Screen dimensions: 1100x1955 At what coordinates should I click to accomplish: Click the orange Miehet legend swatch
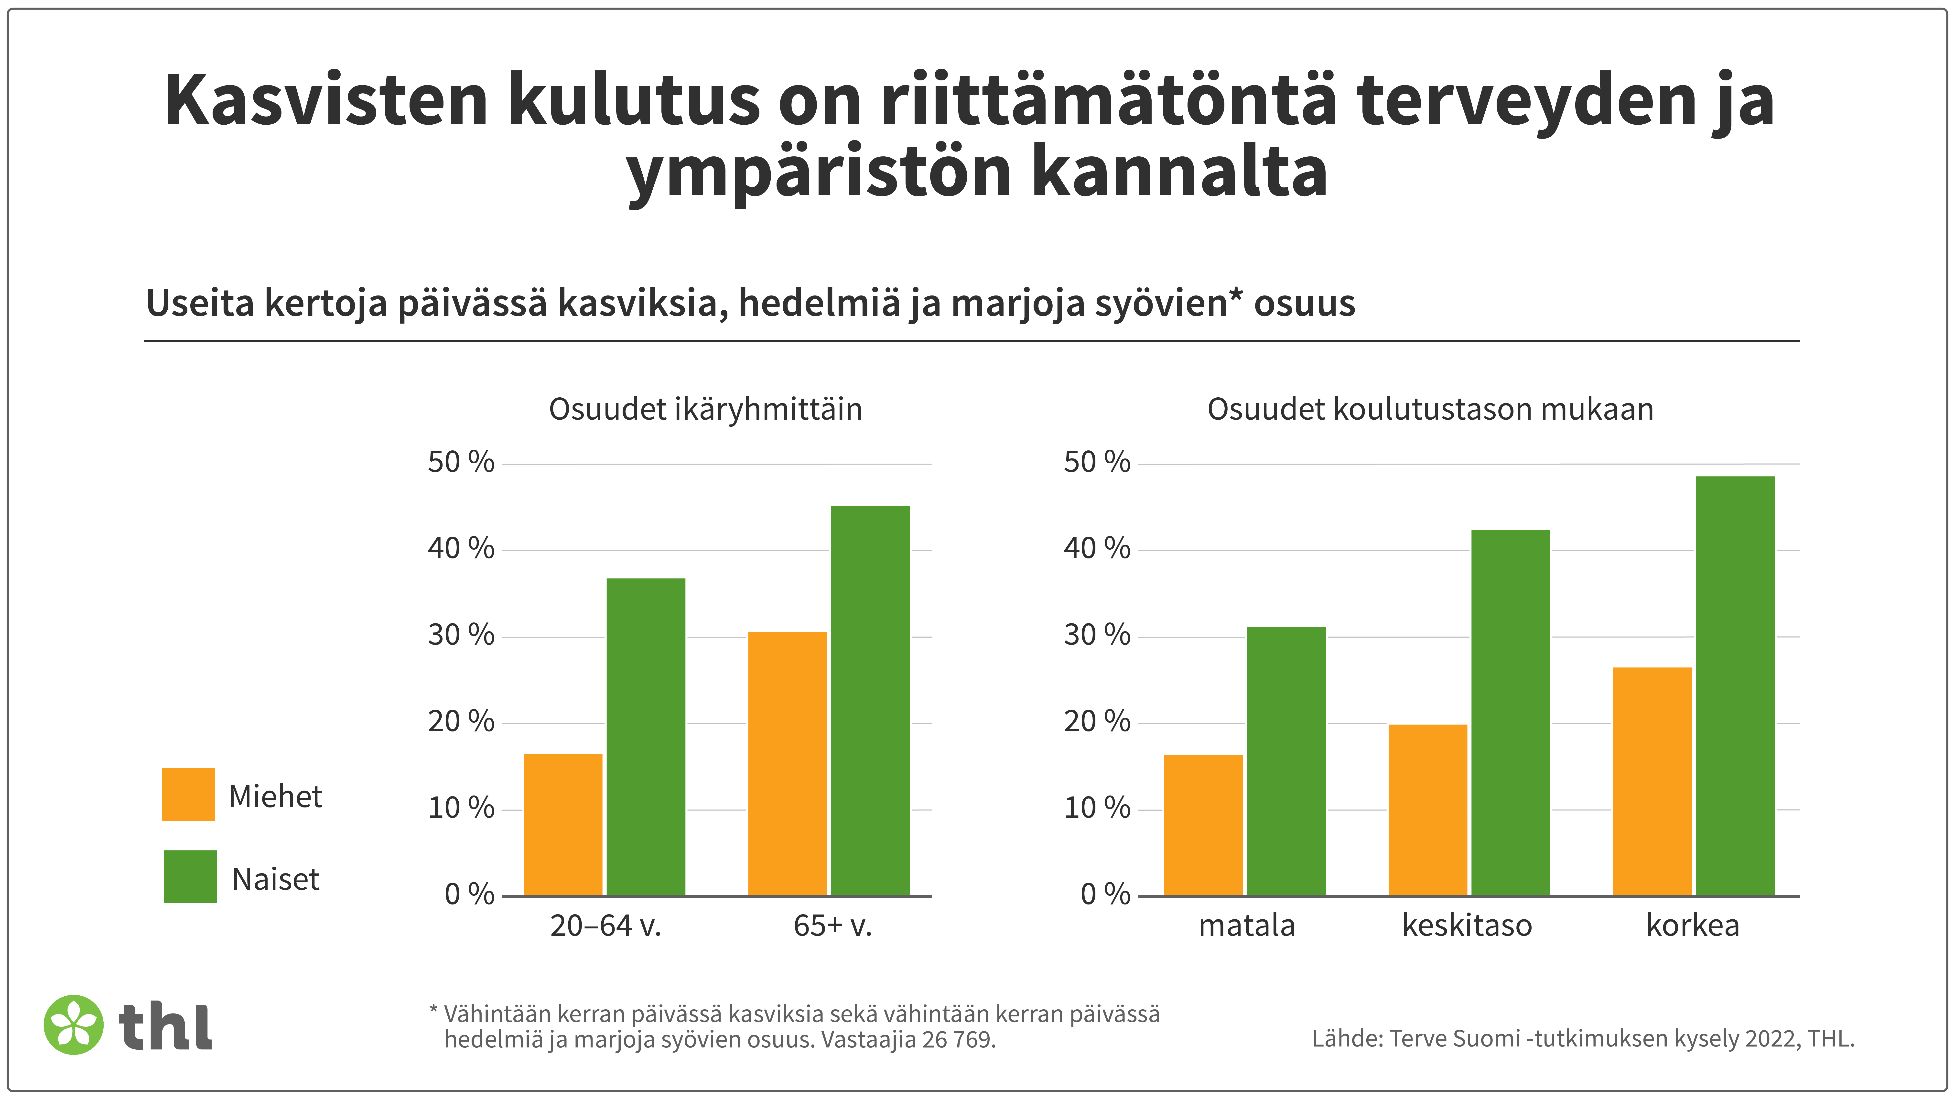(x=188, y=794)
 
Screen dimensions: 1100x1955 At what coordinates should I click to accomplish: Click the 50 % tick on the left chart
(x=461, y=462)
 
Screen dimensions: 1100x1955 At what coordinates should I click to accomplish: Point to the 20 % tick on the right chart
(x=1097, y=722)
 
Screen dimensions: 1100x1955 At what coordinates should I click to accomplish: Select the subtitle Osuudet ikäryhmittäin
(x=705, y=409)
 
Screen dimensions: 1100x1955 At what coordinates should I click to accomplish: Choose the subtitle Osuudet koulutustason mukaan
(x=1430, y=409)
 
